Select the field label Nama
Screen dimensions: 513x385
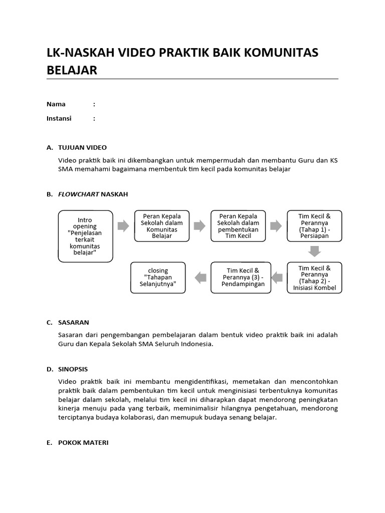(x=56, y=104)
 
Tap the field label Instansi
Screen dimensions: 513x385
(x=59, y=119)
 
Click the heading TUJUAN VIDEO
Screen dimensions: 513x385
(x=83, y=147)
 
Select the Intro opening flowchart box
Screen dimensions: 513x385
(x=85, y=236)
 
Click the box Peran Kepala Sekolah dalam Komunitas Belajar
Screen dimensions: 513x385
(x=162, y=226)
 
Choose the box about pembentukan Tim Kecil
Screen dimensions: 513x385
(x=238, y=226)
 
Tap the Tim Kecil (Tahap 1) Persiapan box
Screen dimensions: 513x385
(x=314, y=226)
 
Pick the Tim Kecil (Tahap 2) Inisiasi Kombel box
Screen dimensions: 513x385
(x=314, y=277)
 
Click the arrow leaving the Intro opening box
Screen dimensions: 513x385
(x=123, y=226)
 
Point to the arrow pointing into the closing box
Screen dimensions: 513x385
(x=200, y=277)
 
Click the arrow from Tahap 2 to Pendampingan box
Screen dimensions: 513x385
(x=276, y=277)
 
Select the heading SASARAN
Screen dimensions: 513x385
(x=74, y=322)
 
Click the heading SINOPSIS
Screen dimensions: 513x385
(x=73, y=369)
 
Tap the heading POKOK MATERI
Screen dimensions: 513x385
(x=83, y=443)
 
